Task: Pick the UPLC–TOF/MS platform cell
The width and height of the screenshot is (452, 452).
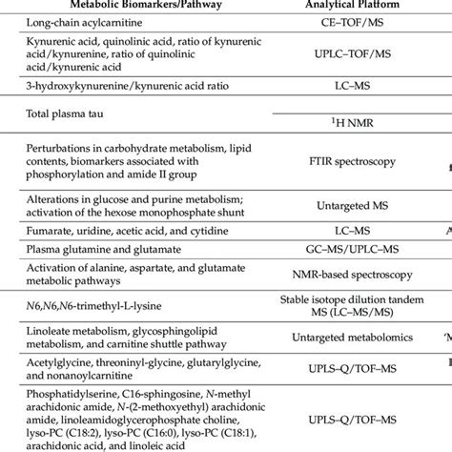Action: [333, 58]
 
